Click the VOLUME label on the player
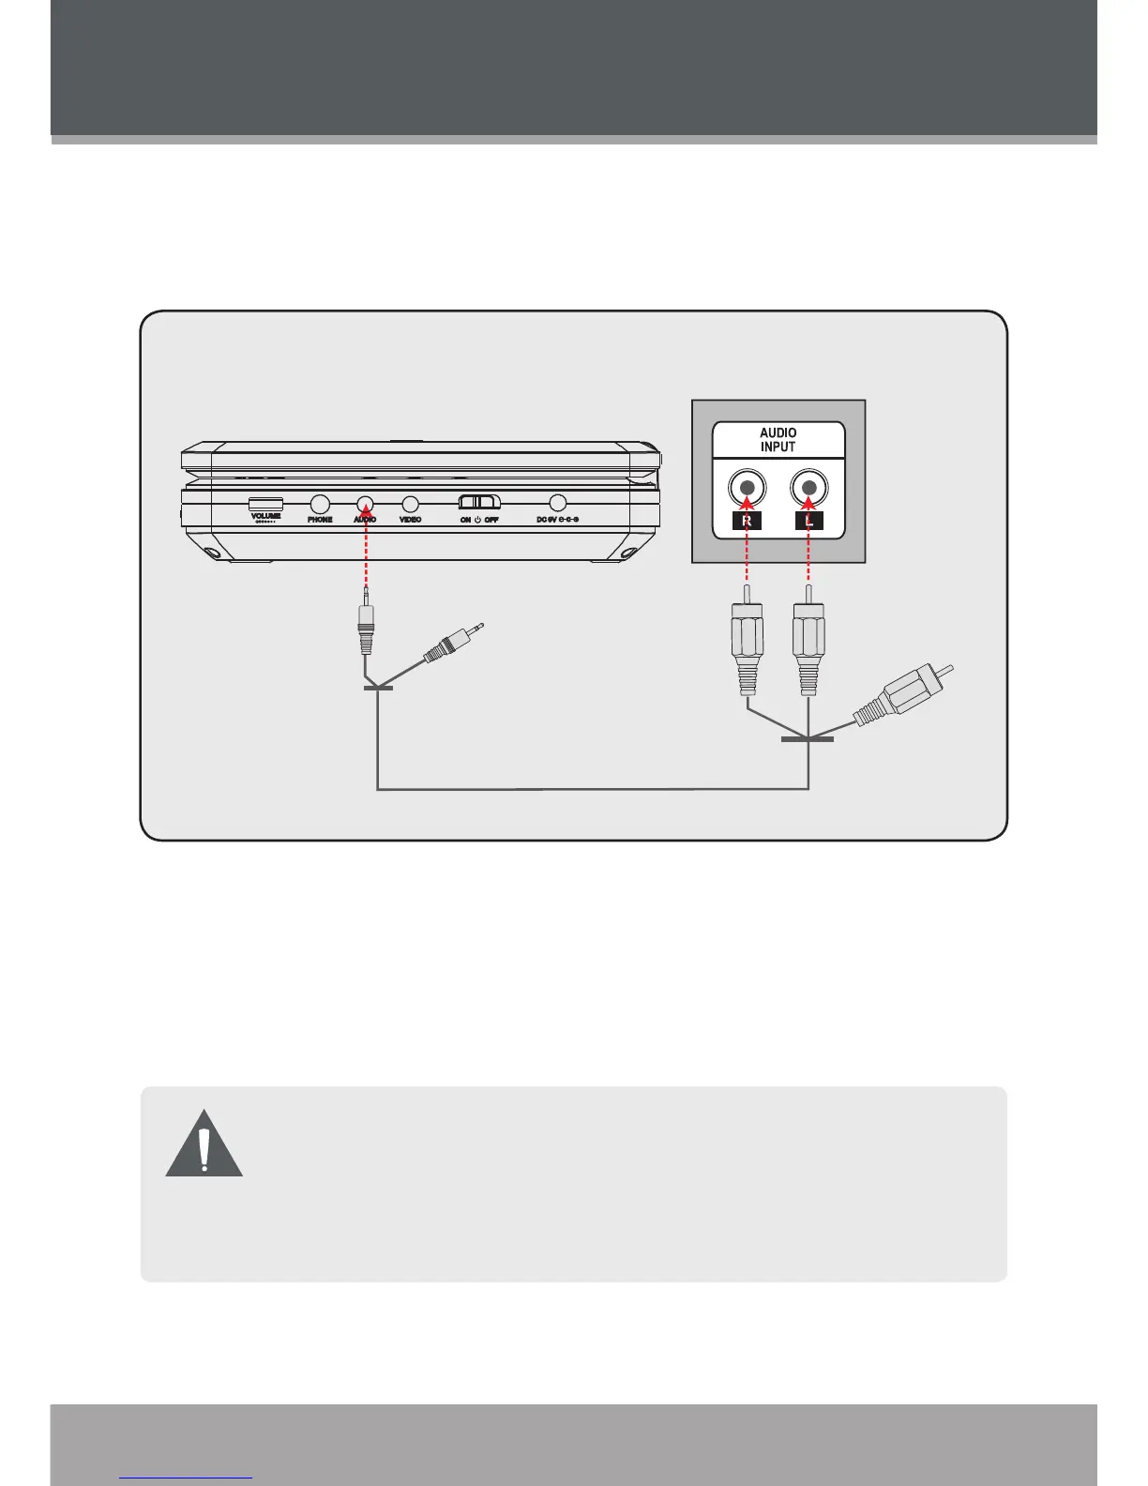click(265, 515)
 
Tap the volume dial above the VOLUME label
click(265, 503)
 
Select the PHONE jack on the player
click(320, 504)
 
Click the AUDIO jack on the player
click(365, 504)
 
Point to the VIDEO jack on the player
click(410, 504)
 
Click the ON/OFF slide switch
click(479, 502)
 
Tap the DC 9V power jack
click(558, 504)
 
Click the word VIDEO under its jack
click(410, 519)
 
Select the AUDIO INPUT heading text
click(778, 440)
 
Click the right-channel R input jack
click(747, 488)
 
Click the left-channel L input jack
click(808, 488)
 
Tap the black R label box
click(747, 521)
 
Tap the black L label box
click(808, 521)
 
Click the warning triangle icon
click(204, 1145)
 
